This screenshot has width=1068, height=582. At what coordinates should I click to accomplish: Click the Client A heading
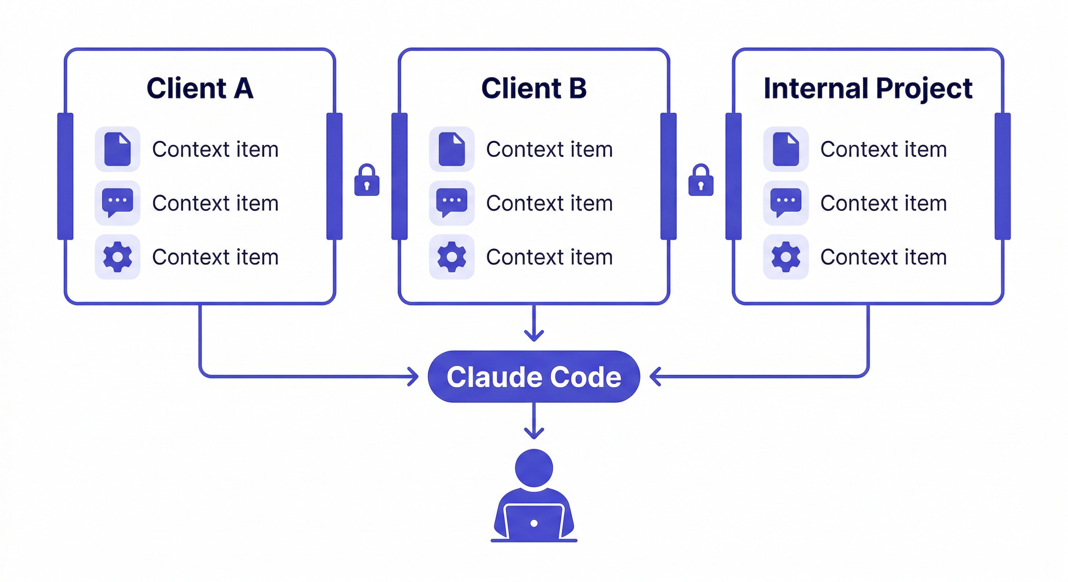[x=200, y=88]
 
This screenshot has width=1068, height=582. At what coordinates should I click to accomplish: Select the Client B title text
[x=534, y=88]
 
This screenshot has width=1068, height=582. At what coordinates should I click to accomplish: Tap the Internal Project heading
[x=868, y=89]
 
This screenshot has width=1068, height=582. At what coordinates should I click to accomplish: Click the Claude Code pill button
[x=534, y=377]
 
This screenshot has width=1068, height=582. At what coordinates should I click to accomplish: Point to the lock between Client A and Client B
[x=367, y=181]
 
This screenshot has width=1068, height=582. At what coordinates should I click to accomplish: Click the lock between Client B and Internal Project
[x=700, y=181]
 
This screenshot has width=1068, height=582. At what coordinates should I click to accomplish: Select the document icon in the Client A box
[x=117, y=149]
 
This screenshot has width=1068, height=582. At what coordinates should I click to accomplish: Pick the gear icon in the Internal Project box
[x=786, y=257]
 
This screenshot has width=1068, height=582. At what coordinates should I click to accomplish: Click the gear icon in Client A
[x=117, y=257]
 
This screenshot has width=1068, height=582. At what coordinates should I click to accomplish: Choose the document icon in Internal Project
[x=786, y=149]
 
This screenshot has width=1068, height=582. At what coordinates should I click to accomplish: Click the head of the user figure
[x=534, y=468]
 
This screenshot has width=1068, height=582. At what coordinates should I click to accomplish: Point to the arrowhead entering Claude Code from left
[x=414, y=377]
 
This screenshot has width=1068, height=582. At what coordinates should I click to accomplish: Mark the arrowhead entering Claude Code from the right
[x=655, y=377]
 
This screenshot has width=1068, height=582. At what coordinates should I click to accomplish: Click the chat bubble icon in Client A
[x=117, y=202]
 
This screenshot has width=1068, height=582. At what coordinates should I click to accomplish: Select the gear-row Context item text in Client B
[x=549, y=257]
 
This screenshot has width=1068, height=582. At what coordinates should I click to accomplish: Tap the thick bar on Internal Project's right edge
[x=1002, y=176]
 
